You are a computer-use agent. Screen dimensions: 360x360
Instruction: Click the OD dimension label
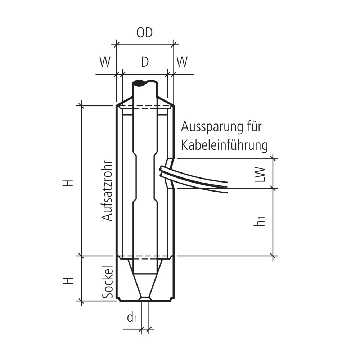coord(145,33)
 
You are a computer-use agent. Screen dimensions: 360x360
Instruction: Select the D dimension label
coord(145,62)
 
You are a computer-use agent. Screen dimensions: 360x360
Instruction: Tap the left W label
coord(105,62)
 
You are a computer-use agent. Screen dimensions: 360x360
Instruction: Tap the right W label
coord(182,62)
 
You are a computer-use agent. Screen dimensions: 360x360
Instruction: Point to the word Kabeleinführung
coord(225,145)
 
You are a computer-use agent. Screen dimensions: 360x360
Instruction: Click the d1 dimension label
coord(132,318)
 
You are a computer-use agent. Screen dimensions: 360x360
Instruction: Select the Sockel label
coord(107,282)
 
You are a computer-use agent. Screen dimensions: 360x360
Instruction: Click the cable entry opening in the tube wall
coord(171,173)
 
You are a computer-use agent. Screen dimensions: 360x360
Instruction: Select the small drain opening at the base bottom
coord(145,299)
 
